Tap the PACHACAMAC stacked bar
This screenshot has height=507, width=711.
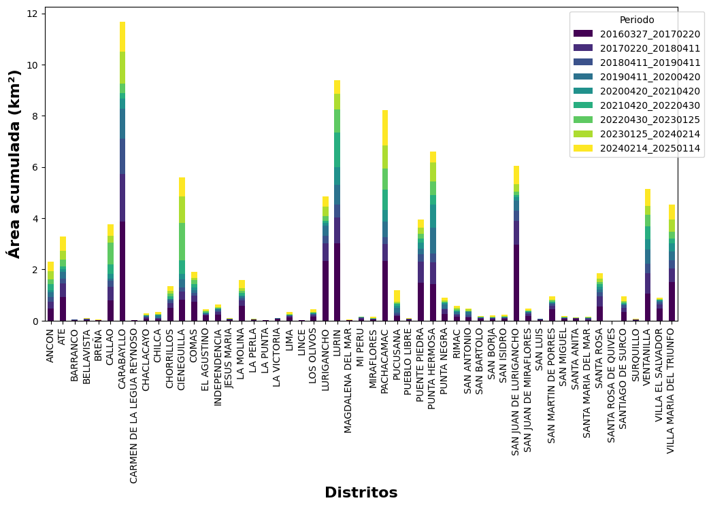click(x=385, y=231)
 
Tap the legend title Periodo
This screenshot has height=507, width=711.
click(x=637, y=20)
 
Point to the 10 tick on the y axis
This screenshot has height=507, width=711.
click(x=34, y=65)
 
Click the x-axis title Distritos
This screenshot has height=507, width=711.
click(x=361, y=493)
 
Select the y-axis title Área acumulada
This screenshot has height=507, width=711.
click(x=14, y=164)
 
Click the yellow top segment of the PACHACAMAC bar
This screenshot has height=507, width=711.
click(x=385, y=128)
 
